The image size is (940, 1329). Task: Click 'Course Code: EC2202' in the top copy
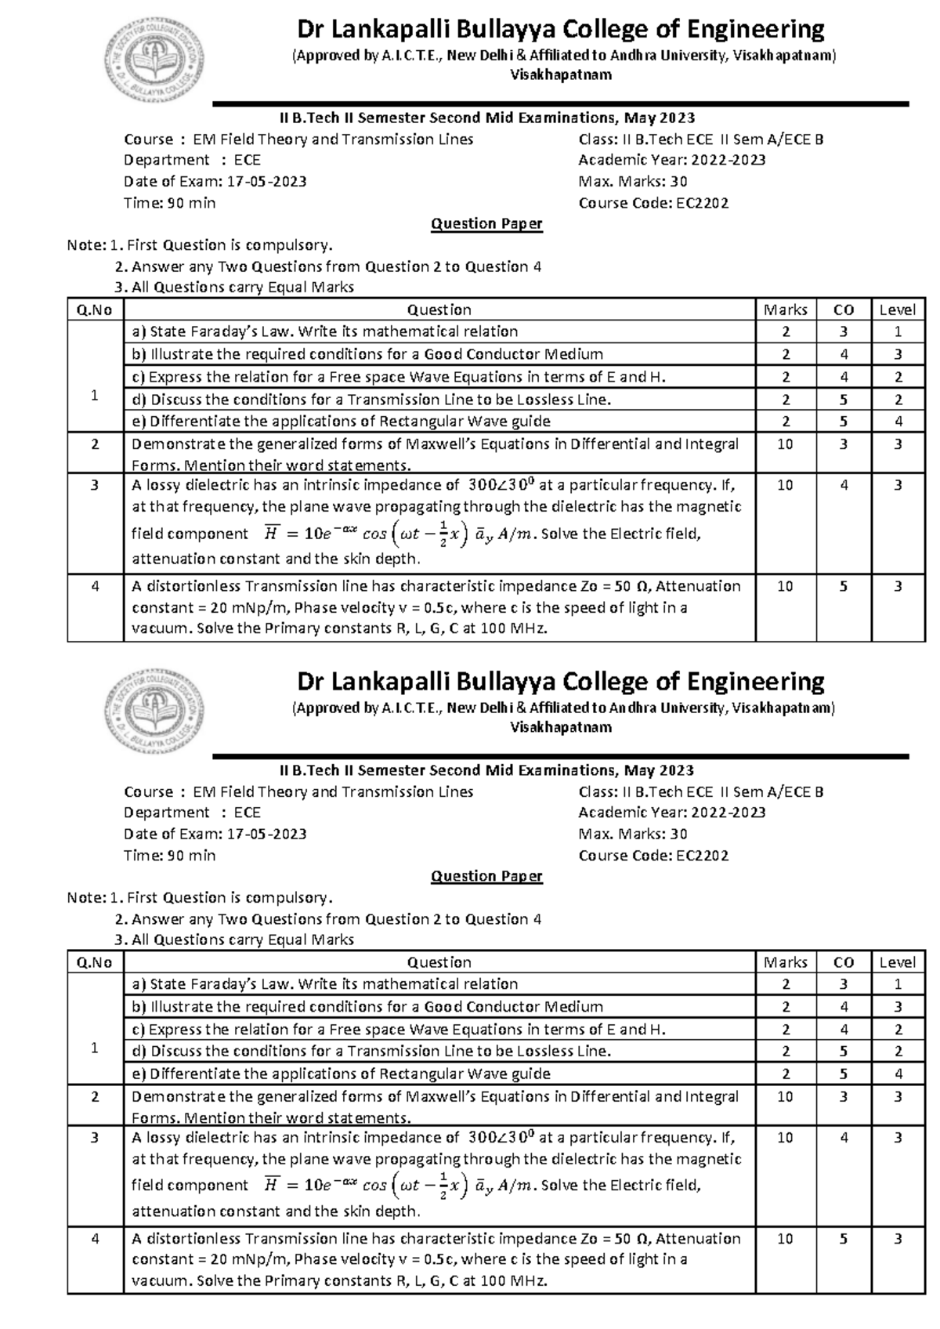click(x=653, y=204)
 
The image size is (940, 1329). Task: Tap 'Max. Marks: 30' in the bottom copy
click(x=633, y=835)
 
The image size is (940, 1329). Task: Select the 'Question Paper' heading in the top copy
click(x=486, y=224)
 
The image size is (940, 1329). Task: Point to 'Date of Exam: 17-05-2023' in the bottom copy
click(x=215, y=835)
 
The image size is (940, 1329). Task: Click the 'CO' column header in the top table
click(x=843, y=310)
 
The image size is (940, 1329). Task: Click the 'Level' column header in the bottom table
click(x=897, y=962)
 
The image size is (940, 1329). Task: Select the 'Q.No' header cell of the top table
click(x=95, y=310)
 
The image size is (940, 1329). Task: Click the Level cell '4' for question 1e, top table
click(x=898, y=422)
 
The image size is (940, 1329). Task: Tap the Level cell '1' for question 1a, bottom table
click(x=898, y=984)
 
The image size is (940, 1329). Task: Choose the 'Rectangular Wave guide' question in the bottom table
click(x=341, y=1074)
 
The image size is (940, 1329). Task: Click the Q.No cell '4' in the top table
click(x=95, y=586)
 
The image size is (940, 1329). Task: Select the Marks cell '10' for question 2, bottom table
click(x=785, y=1097)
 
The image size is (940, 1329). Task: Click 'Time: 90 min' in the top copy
click(x=170, y=204)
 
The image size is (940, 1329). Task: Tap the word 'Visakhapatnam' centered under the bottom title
click(x=561, y=728)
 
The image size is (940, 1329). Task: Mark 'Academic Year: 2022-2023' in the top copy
click(x=671, y=161)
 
